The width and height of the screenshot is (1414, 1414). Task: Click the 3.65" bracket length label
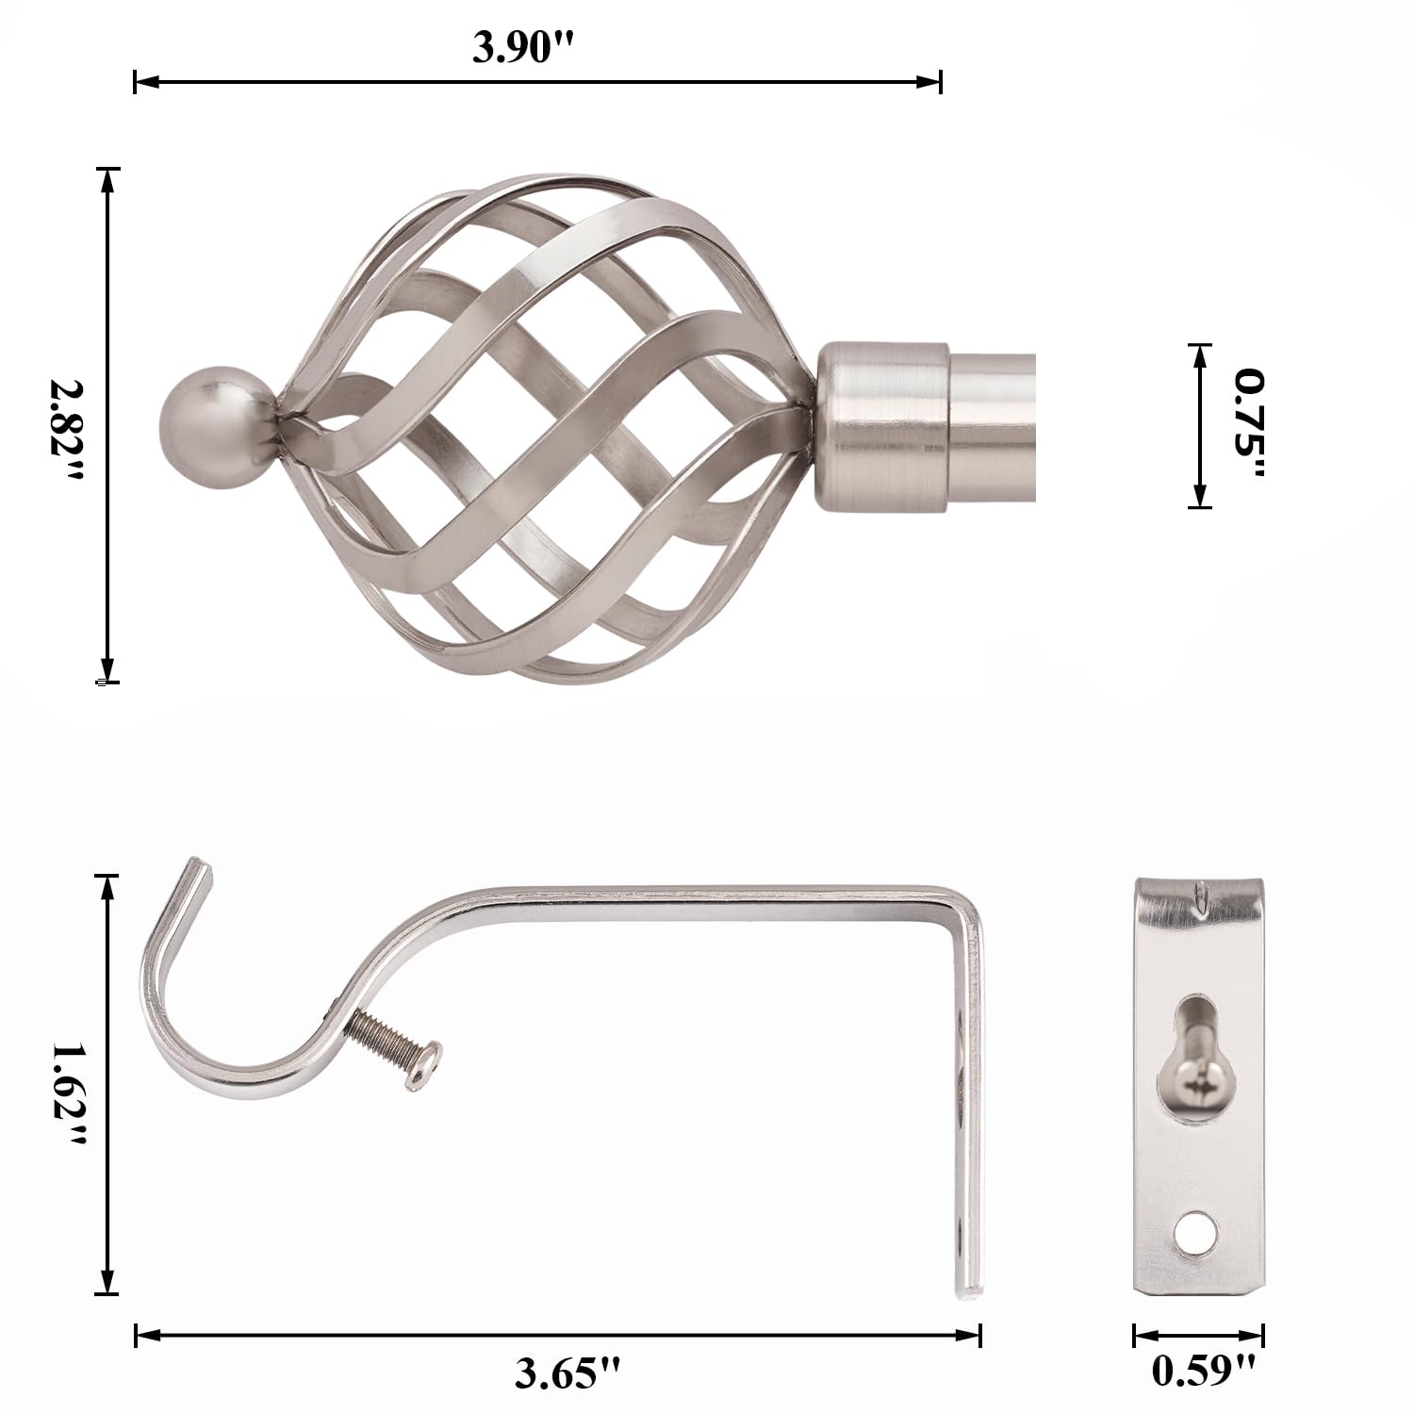point(568,1373)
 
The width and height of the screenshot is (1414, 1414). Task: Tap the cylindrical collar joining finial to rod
point(880,427)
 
